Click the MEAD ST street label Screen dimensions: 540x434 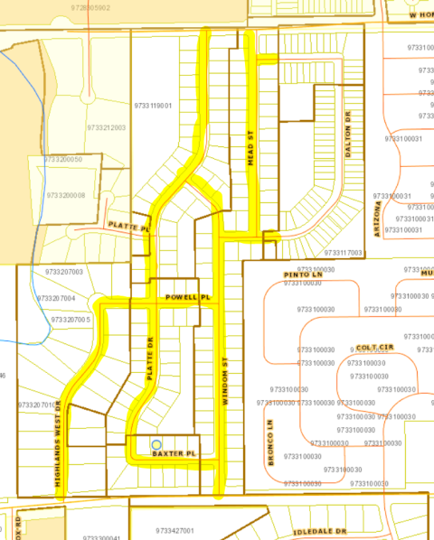click(251, 148)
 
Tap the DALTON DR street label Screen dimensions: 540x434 click(347, 135)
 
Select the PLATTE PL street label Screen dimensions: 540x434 click(127, 226)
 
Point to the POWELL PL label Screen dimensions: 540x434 click(187, 297)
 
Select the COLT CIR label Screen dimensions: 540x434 click(374, 347)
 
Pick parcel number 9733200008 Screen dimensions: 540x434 click(66, 195)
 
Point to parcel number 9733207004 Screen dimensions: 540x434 click(57, 298)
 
